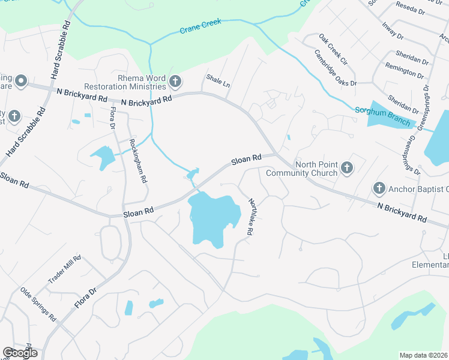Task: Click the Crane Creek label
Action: [200, 25]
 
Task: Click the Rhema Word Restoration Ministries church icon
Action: [175, 80]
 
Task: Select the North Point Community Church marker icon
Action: [347, 168]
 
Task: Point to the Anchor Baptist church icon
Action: [379, 189]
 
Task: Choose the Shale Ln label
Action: [218, 80]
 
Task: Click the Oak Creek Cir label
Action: [333, 49]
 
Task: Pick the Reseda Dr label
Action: [410, 8]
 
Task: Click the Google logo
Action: [20, 353]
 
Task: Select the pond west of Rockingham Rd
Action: [103, 157]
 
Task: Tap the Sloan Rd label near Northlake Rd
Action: [247, 160]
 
